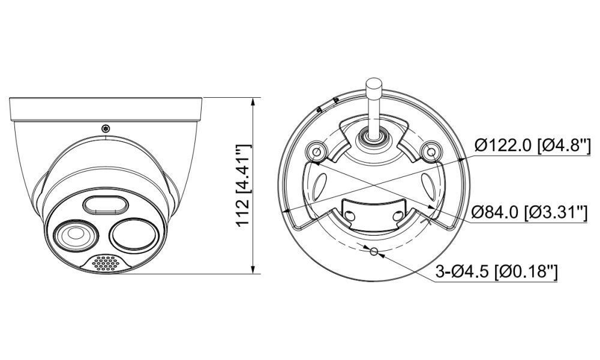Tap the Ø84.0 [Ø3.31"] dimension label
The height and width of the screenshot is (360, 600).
tap(529, 212)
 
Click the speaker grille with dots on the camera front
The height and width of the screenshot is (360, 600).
tap(107, 263)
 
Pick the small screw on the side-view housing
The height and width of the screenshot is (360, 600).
tap(106, 128)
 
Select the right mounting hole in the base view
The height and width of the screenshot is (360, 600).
tap(430, 152)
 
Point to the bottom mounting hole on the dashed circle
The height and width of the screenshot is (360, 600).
tap(373, 252)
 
